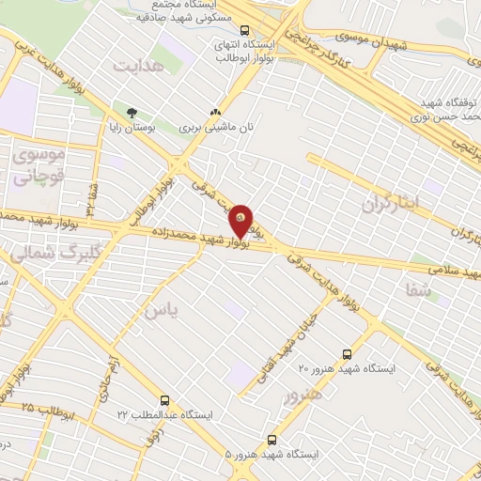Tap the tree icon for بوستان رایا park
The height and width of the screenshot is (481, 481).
pyautogui.click(x=118, y=112)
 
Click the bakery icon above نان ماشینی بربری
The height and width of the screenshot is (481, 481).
pyautogui.click(x=218, y=112)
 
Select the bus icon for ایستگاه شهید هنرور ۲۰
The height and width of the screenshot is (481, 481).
pyautogui.click(x=348, y=354)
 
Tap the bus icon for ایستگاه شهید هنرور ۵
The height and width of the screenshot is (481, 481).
pyautogui.click(x=272, y=439)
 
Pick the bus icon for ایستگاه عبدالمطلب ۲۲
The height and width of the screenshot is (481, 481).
pyautogui.click(x=166, y=399)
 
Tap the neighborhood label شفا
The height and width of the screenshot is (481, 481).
pyautogui.click(x=419, y=292)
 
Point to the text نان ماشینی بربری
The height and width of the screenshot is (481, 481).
pyautogui.click(x=217, y=125)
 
